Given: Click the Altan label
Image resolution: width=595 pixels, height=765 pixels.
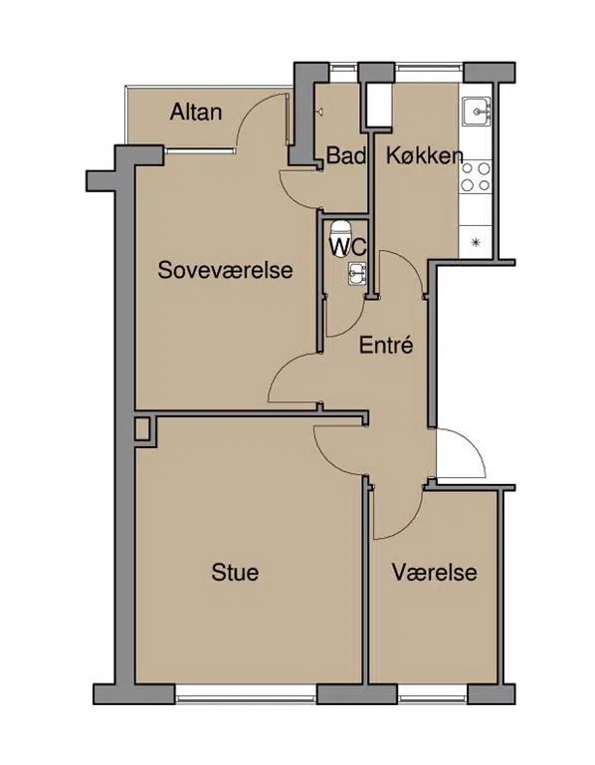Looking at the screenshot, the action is click(x=196, y=113).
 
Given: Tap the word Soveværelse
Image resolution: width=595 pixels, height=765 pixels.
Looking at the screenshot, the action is click(x=225, y=270).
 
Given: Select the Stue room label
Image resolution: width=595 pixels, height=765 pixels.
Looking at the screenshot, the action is click(x=235, y=572).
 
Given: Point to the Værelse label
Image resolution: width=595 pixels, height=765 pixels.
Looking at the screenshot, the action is click(x=434, y=572).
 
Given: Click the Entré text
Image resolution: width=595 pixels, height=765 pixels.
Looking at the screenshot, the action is click(x=386, y=345).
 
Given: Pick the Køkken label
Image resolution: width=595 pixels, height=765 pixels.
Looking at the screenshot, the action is click(x=424, y=155).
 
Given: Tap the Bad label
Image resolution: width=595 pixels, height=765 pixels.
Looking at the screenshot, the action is click(x=346, y=155).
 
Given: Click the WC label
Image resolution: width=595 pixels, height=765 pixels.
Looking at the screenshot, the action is click(x=348, y=246).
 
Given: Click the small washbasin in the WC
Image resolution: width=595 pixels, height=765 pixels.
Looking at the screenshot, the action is click(x=357, y=273).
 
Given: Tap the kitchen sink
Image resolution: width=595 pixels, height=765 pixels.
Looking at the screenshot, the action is click(x=477, y=112).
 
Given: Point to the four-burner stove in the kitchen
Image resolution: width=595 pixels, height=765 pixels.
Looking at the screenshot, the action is click(x=476, y=177).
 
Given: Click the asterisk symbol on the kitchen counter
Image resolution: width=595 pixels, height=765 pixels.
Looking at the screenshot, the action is click(x=476, y=241).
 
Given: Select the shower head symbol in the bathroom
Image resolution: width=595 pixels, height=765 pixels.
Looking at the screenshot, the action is click(x=319, y=113).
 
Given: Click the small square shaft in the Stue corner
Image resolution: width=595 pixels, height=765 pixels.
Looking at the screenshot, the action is click(x=142, y=429).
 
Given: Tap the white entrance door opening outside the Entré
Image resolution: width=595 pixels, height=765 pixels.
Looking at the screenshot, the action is click(x=461, y=453).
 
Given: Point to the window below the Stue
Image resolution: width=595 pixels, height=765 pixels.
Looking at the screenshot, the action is click(x=246, y=694).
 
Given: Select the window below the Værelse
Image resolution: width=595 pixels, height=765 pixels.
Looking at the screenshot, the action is click(x=432, y=693).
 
